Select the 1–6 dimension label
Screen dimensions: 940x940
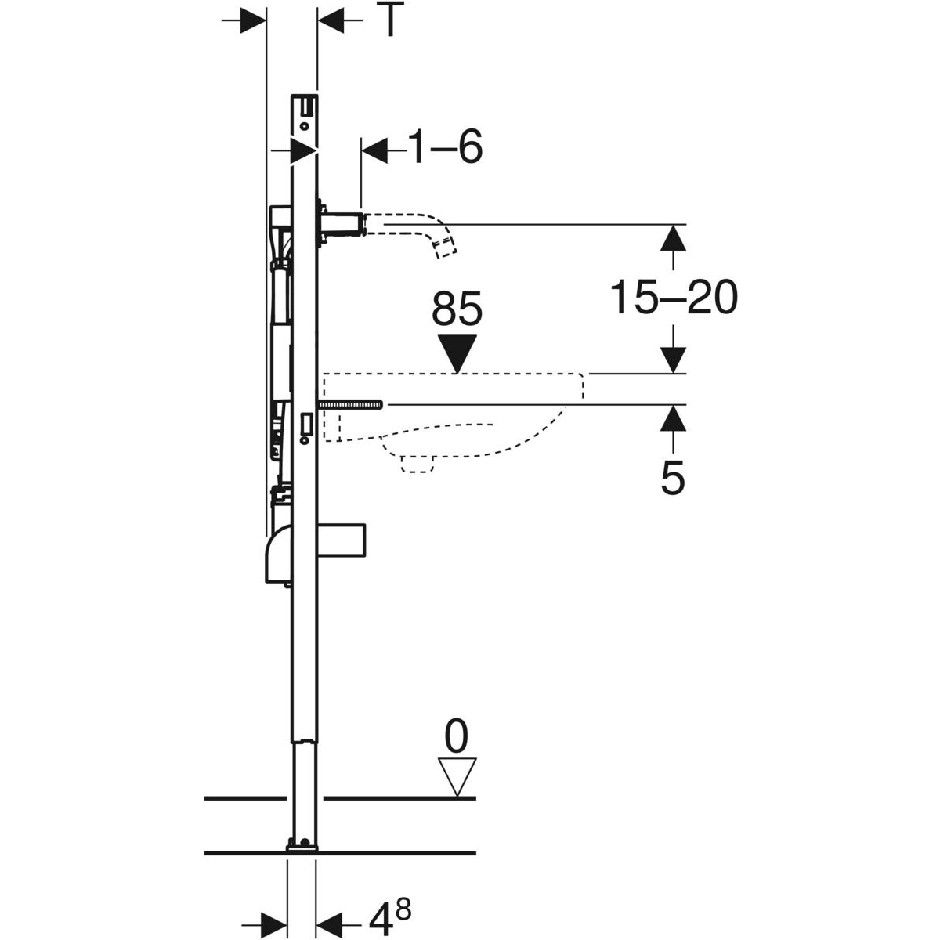coord(445,146)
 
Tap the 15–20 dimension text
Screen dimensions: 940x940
coord(673,298)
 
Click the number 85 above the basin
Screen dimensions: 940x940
coord(457,309)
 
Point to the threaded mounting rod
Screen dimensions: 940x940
coord(350,404)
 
